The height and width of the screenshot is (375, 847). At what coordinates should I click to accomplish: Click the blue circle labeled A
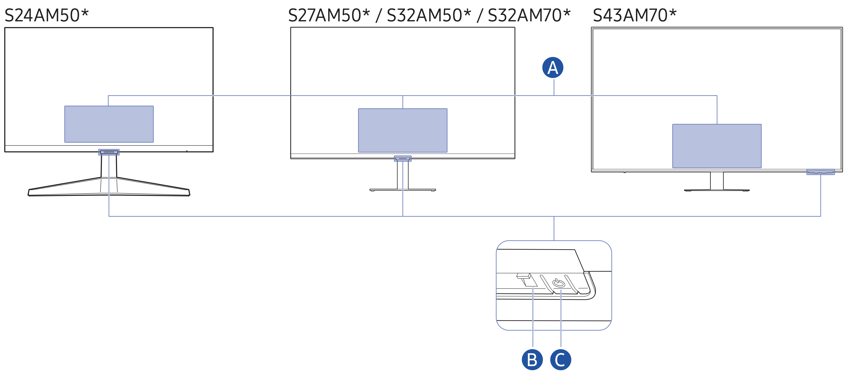pyautogui.click(x=552, y=68)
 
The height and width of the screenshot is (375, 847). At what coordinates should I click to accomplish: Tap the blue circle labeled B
pyautogui.click(x=532, y=360)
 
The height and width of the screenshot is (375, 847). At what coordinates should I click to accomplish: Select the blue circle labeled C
pyautogui.click(x=561, y=360)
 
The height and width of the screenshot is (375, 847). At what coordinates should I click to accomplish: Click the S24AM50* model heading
pyautogui.click(x=47, y=15)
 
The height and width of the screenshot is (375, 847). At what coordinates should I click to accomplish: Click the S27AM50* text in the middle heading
pyautogui.click(x=329, y=15)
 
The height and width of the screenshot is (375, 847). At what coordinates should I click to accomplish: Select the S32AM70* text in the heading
pyautogui.click(x=529, y=15)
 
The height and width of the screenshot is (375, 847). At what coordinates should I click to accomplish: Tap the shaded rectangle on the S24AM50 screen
pyautogui.click(x=109, y=124)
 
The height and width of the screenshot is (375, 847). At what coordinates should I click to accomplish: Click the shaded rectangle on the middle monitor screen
pyautogui.click(x=402, y=130)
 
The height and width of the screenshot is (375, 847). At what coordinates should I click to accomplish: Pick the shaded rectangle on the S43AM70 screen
pyautogui.click(x=717, y=146)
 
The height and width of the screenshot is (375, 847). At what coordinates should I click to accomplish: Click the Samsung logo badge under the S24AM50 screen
pyautogui.click(x=109, y=152)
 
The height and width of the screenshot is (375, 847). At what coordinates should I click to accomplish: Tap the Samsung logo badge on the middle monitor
pyautogui.click(x=402, y=158)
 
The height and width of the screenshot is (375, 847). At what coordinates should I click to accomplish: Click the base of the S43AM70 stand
pyautogui.click(x=717, y=190)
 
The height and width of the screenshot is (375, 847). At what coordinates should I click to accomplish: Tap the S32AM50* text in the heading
pyautogui.click(x=428, y=15)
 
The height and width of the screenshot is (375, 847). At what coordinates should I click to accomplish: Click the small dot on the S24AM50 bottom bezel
pyautogui.click(x=187, y=151)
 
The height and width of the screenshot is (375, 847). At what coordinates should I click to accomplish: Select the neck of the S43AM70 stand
pyautogui.click(x=717, y=180)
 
